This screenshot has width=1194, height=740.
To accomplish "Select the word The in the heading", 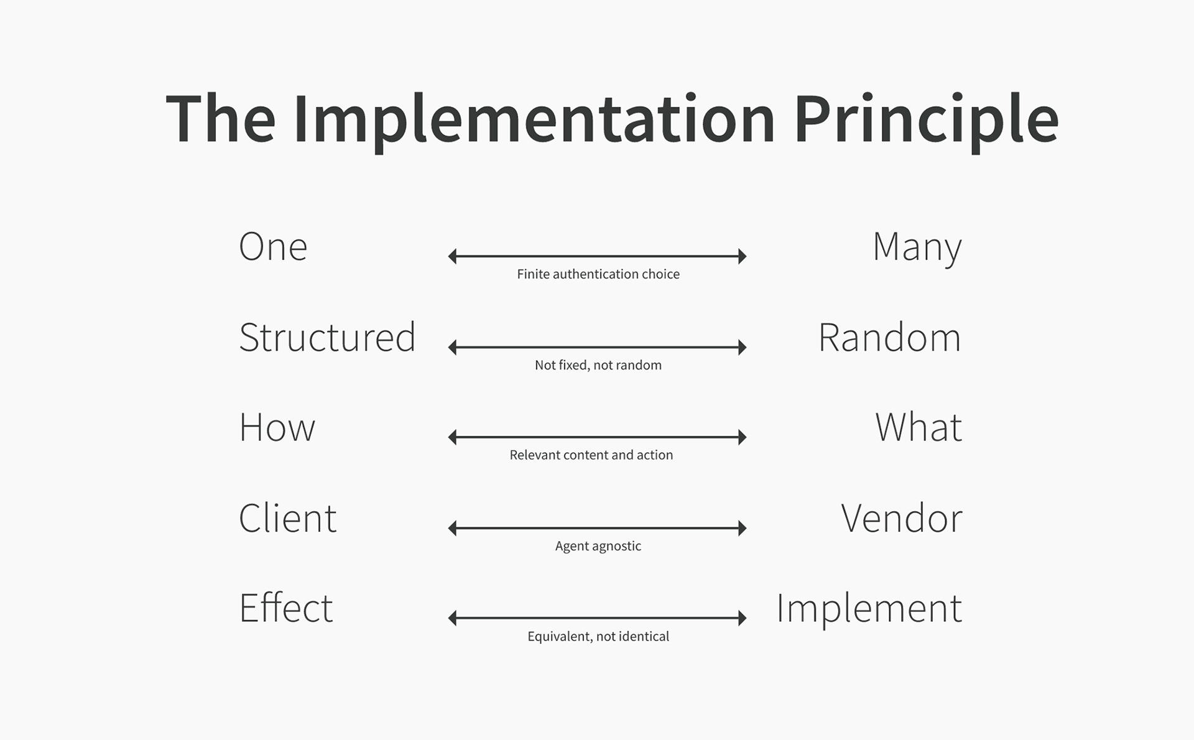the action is [221, 119].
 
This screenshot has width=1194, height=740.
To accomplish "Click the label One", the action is [273, 246].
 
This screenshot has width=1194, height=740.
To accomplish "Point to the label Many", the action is [917, 247].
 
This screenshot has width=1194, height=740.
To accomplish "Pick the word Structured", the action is [327, 337].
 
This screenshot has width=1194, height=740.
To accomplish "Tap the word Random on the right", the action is [890, 337].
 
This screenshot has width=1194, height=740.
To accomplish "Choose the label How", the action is [277, 427].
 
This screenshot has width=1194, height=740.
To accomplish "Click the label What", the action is [919, 427].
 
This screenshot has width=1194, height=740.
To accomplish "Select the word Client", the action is [288, 517].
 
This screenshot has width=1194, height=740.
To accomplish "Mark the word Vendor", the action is [902, 517].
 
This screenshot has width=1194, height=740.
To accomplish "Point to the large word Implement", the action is [869, 609].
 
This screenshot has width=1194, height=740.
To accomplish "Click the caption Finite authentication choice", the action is [598, 274].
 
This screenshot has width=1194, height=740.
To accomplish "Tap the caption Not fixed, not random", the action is [598, 365].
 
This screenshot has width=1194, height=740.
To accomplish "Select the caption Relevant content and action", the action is [591, 455].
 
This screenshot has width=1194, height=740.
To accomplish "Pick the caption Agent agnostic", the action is [598, 546].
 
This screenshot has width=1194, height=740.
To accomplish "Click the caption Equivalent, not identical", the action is [598, 636].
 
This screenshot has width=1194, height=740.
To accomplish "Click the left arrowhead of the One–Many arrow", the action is [452, 256].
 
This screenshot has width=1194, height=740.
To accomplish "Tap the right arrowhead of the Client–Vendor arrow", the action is [742, 528].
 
